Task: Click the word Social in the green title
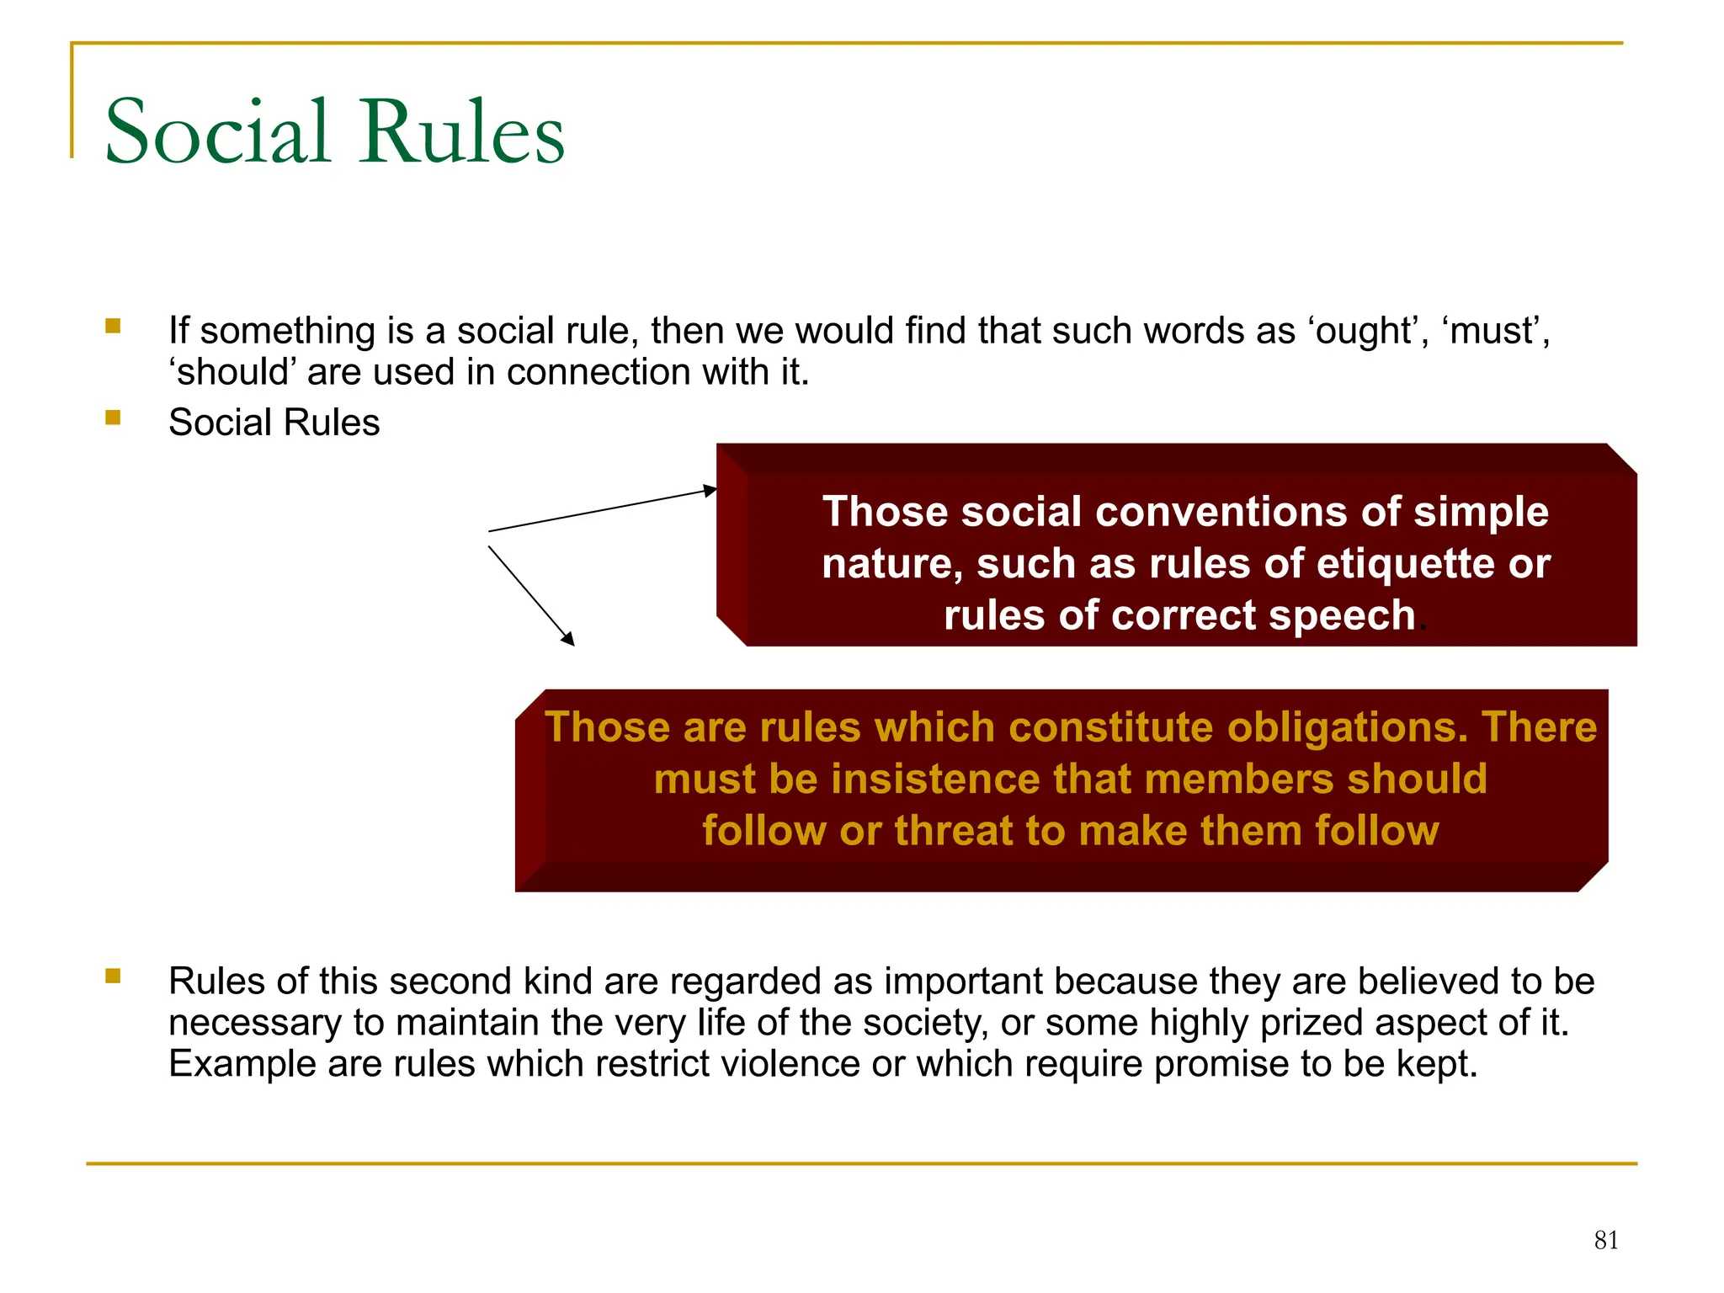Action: point(217,132)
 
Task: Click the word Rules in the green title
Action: point(462,132)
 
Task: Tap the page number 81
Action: point(1606,1240)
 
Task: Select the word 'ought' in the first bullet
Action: point(1364,331)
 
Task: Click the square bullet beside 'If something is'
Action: point(114,326)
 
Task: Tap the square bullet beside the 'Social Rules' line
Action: point(114,418)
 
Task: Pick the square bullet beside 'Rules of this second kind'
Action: point(114,976)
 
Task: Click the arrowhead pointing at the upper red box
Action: point(710,490)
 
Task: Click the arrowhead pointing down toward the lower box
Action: point(568,639)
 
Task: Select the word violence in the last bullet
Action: point(781,1064)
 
